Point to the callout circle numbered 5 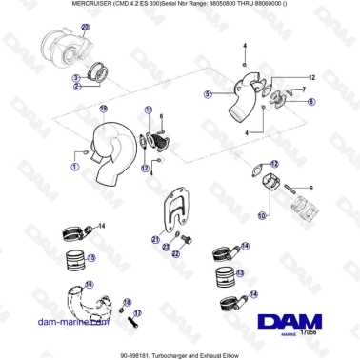pyautogui.click(x=207, y=95)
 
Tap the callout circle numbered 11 pyautogui.click(x=148, y=110)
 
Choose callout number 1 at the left pyautogui.click(x=74, y=167)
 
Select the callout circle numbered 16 pyautogui.click(x=89, y=285)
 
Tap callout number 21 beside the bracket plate pyautogui.click(x=154, y=239)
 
